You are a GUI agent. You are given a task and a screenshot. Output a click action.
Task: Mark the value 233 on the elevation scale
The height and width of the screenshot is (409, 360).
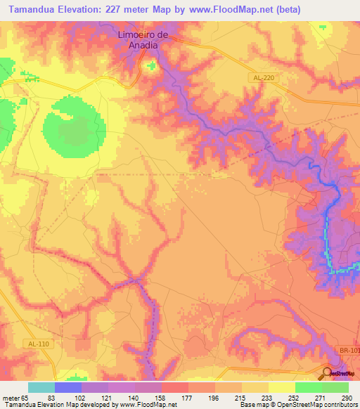pyautogui.click(x=267, y=398)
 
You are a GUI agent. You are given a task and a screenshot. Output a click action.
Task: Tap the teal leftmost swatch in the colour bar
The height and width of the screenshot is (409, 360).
pyautogui.click(x=41, y=387)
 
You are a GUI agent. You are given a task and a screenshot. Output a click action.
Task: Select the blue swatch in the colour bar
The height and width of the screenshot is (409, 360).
pyautogui.click(x=68, y=387)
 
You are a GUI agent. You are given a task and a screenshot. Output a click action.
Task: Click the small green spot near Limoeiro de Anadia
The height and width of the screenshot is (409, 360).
pyautogui.click(x=151, y=66)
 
